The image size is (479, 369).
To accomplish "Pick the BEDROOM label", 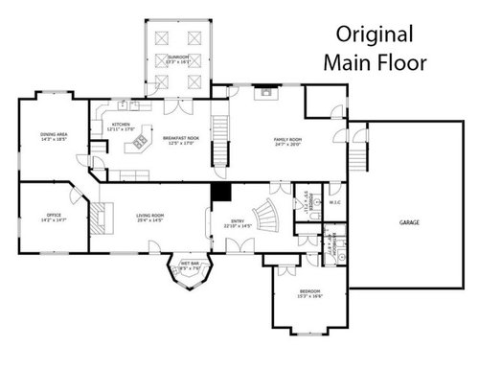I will (309, 290).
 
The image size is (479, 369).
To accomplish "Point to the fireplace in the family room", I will (263, 94).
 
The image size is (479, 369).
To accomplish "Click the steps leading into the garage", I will (360, 152).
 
